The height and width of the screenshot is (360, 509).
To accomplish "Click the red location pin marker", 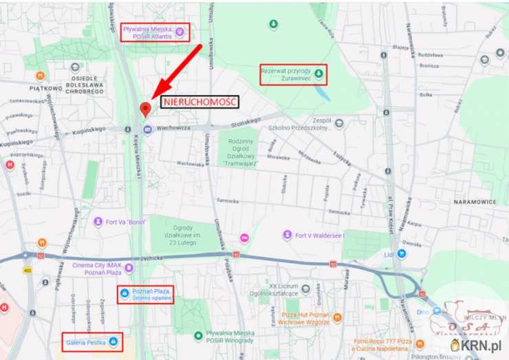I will tap(145, 110).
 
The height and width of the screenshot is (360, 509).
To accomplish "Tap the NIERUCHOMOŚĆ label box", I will tap(200, 101).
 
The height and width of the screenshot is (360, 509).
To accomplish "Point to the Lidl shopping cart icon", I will tap(402, 253).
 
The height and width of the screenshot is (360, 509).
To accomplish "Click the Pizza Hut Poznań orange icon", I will tap(337, 317).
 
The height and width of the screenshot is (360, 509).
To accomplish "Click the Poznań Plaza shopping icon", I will tap(124, 294).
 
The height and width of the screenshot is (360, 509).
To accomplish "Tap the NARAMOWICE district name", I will tap(475, 202).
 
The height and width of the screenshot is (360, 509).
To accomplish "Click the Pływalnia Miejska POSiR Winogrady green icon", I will tap(198, 335).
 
